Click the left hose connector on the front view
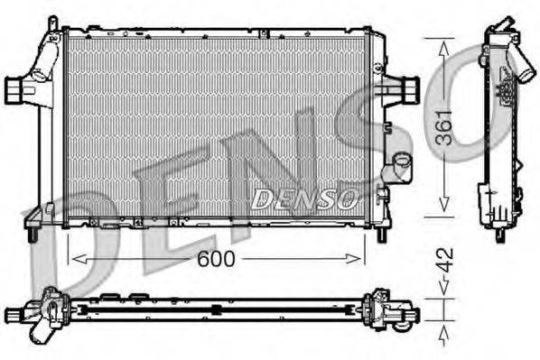pyautogui.click(x=17, y=89)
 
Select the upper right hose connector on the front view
pyautogui.click(x=407, y=89)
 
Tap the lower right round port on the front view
pyautogui.click(x=397, y=169)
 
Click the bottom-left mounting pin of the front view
pyautogui.click(x=32, y=235)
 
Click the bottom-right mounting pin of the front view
pyautogui.click(x=382, y=235)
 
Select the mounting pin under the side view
pyautogui.click(x=499, y=235)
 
